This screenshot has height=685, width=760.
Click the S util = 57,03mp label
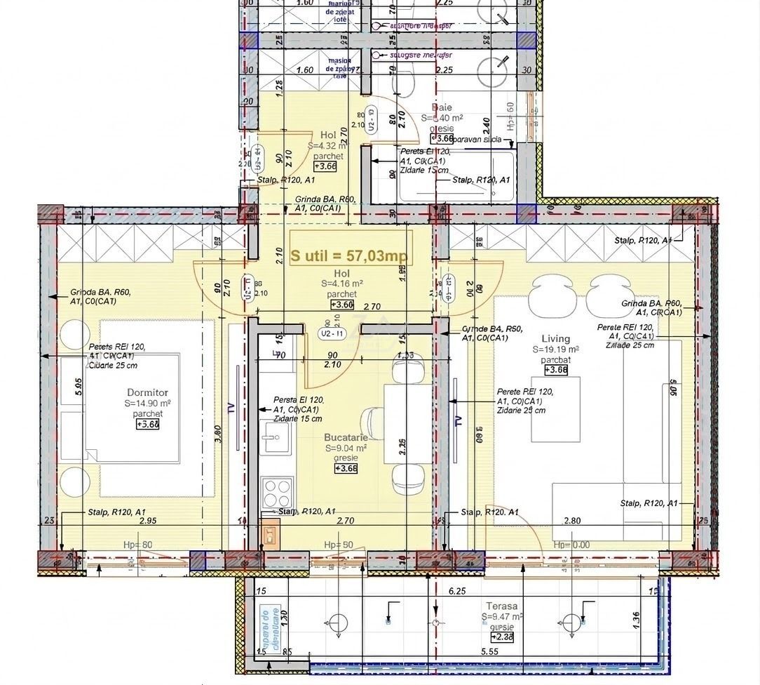click(350, 257)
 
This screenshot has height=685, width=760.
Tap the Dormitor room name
click(147, 392)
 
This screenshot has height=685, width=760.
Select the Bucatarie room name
click(346, 437)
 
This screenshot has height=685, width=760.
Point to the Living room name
click(555, 339)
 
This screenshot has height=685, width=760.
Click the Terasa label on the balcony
click(502, 606)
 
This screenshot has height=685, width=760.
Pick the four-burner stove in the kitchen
click(276, 491)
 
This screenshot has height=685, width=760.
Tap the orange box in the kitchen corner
click(269, 536)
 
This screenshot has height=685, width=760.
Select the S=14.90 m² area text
click(148, 404)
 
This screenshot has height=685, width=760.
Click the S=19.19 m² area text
click(555, 350)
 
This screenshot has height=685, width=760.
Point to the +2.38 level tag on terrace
click(502, 637)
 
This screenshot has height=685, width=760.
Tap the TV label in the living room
click(459, 421)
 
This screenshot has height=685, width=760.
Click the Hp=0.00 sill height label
click(571, 545)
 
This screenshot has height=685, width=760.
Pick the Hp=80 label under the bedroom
click(137, 545)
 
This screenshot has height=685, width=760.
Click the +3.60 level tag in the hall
click(341, 305)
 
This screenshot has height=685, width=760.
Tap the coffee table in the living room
click(555, 409)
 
